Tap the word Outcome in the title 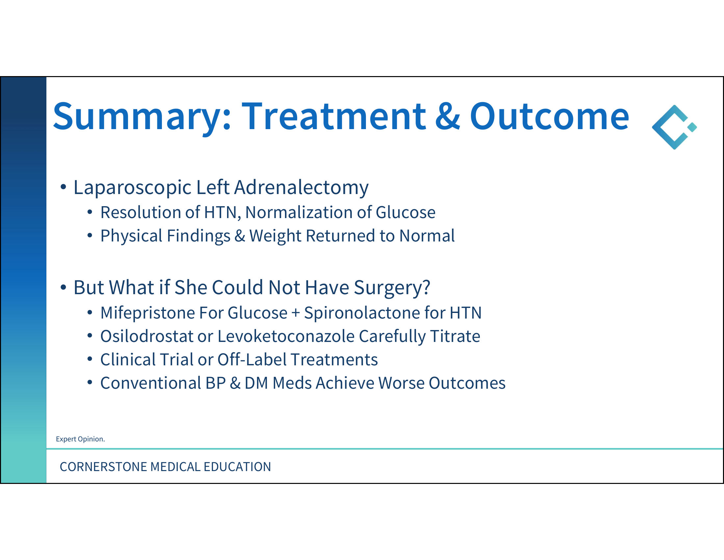549,116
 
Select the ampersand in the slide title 448,116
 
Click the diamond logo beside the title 674,127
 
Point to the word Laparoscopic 133,188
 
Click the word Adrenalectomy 301,188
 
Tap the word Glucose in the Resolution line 405,212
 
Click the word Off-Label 252,360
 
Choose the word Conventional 150,383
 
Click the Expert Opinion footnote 80,439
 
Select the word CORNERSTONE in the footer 103,467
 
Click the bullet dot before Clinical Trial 90,359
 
